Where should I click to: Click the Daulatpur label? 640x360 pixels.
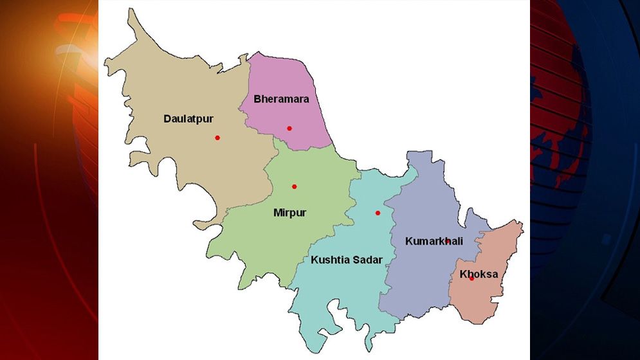click(188, 119)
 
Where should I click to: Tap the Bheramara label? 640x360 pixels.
click(281, 99)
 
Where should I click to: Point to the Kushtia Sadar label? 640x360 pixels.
click(346, 260)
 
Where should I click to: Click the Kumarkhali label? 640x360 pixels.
click(434, 241)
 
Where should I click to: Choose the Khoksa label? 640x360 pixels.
click(479, 274)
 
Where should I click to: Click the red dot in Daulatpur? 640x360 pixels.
click(217, 138)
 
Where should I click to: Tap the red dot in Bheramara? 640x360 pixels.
click(289, 129)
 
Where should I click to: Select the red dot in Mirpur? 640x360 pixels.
click(295, 187)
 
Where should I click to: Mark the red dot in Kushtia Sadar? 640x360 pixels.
click(378, 213)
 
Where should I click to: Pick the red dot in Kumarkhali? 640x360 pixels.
click(448, 241)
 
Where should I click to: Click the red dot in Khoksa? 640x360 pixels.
click(471, 278)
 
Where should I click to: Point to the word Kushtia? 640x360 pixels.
click(331, 260)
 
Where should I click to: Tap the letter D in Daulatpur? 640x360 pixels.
click(167, 119)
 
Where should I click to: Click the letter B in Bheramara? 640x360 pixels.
click(257, 99)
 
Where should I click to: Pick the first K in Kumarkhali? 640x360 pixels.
click(409, 241)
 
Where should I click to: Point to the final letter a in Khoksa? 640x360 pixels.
click(495, 274)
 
